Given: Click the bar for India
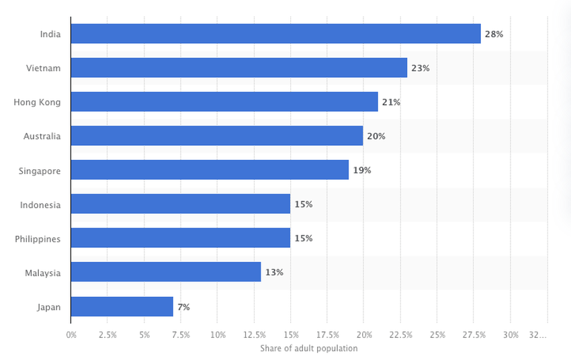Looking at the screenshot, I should point(275,34).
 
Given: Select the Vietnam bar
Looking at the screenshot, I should point(238,68).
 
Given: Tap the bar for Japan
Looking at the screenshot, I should point(122,307).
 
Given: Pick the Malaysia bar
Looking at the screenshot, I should point(165,272).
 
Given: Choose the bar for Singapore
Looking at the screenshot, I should point(210,170).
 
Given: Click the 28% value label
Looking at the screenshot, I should point(494,34).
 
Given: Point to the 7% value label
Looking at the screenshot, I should point(183,307).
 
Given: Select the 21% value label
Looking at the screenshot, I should point(391,102).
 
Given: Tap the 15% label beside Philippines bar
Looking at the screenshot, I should point(303,238).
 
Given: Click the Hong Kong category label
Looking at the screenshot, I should point(37,102).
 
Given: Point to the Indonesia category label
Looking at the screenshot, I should point(40,205).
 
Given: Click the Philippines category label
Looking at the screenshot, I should point(38,239).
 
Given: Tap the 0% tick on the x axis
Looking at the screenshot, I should point(71,334).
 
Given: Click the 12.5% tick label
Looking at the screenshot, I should point(254,334).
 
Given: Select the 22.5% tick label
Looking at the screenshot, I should point(400,334).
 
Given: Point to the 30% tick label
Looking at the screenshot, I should point(511,334).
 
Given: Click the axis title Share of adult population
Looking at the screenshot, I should point(309,348).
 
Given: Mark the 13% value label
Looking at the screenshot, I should point(273,273).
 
